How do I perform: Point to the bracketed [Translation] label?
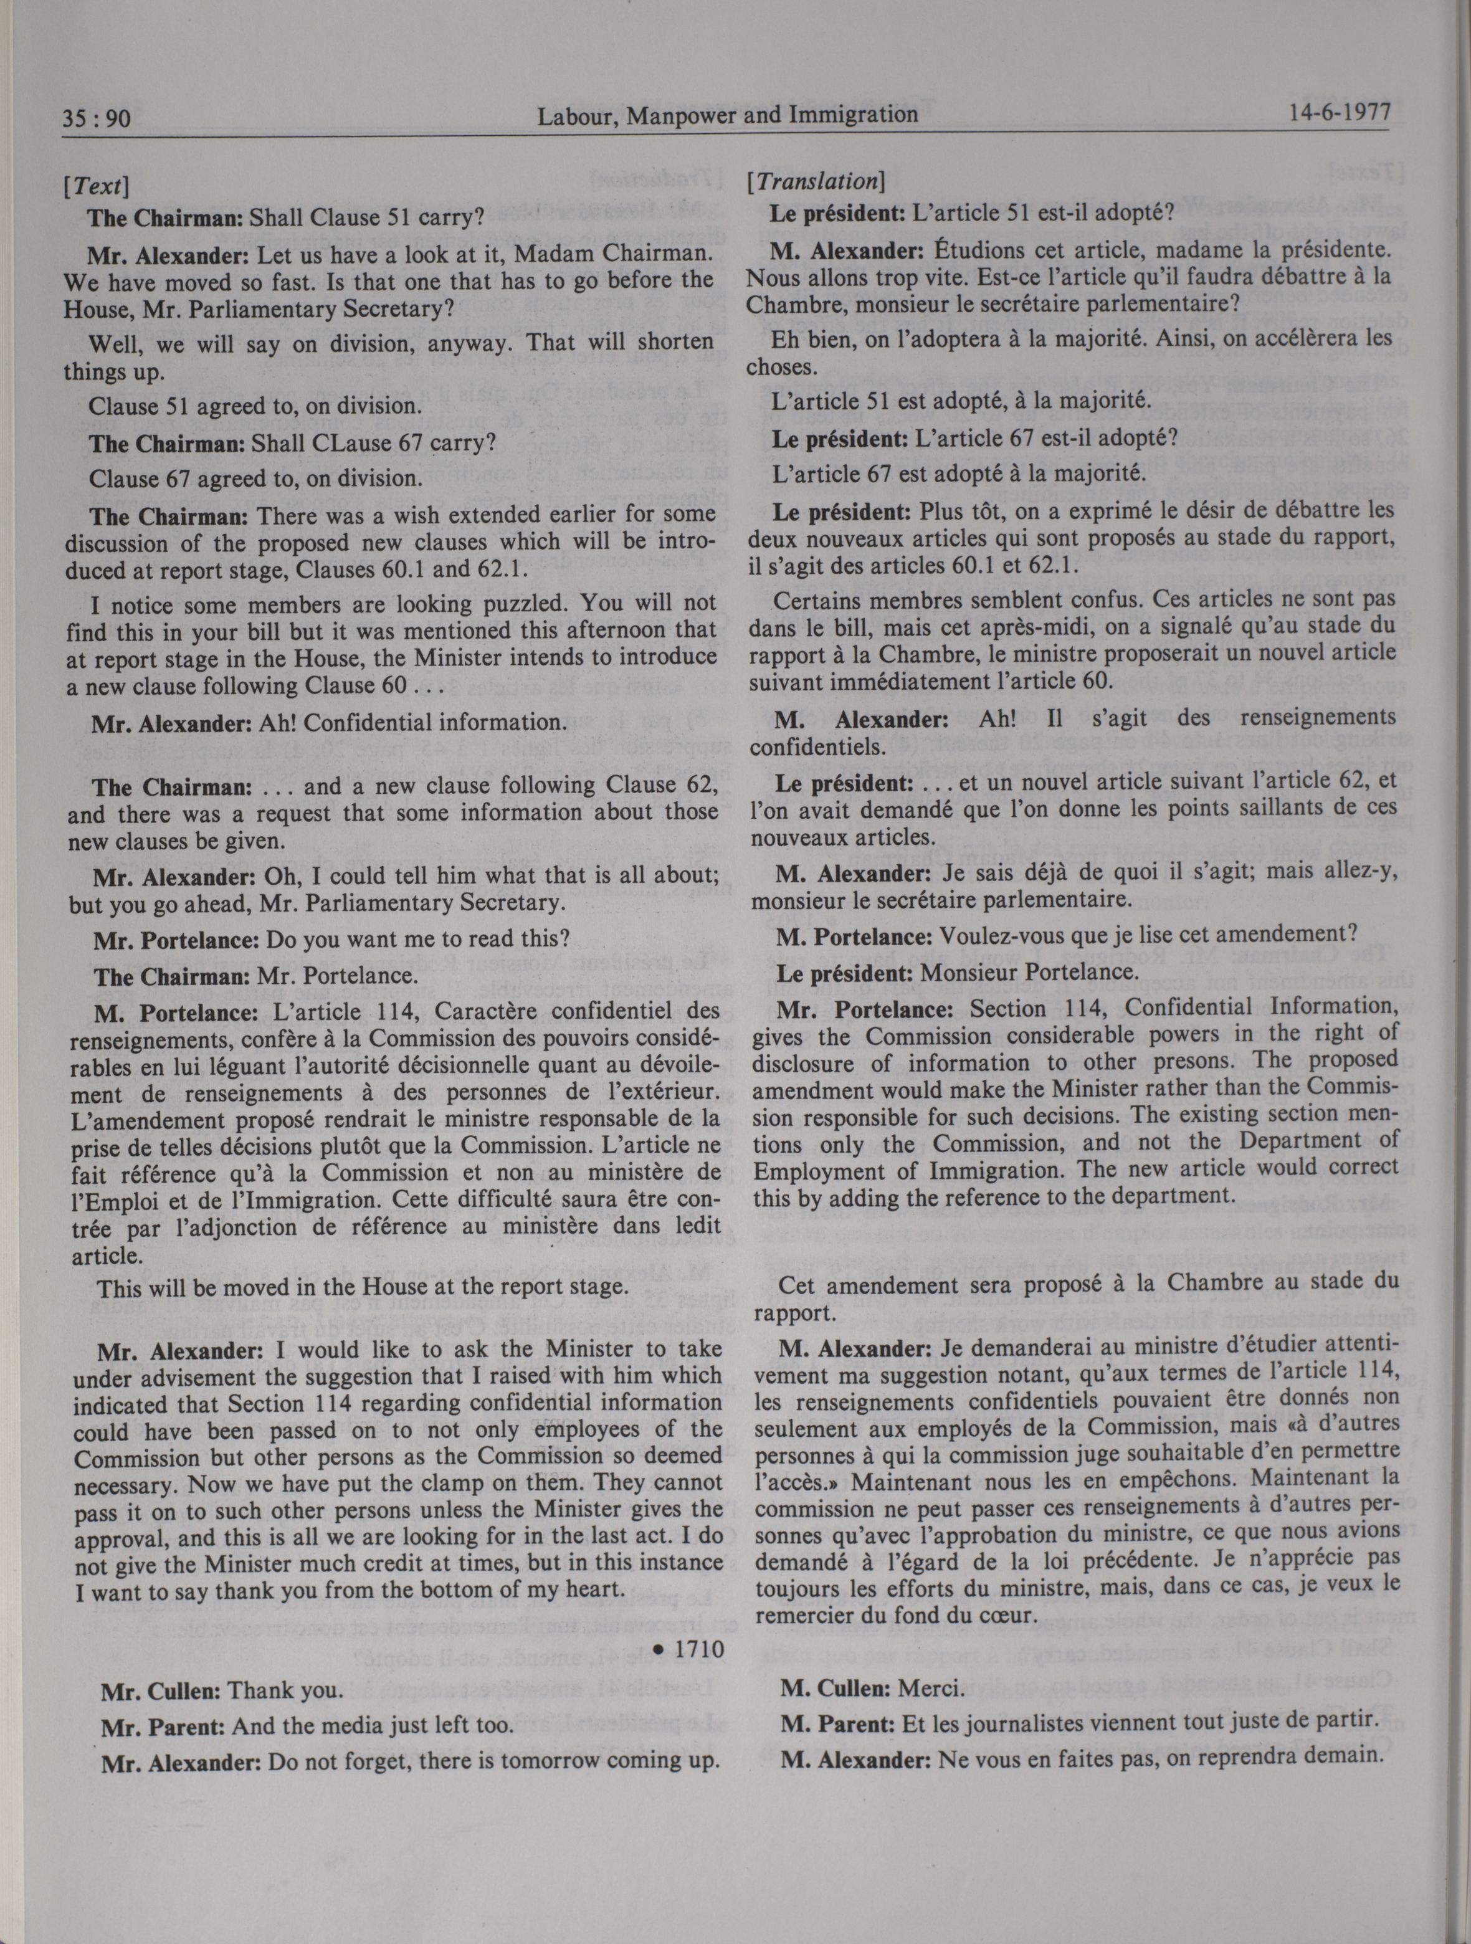(x=814, y=181)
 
